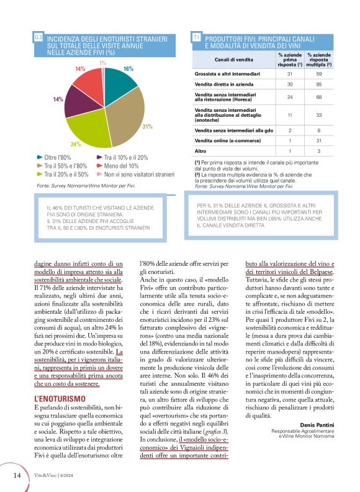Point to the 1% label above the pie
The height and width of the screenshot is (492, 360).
102,63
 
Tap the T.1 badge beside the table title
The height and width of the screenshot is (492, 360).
196,39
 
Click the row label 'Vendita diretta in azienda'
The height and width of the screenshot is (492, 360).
223,84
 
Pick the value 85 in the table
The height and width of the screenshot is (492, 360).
318,84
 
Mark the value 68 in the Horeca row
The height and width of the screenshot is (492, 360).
318,97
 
